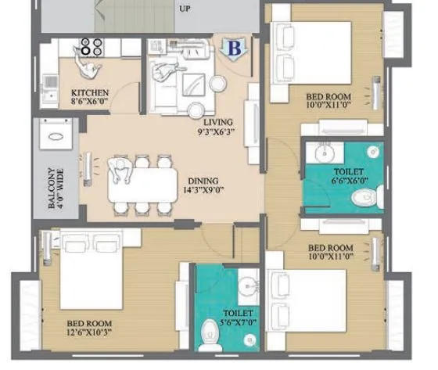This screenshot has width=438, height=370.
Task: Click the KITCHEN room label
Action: point(90,92)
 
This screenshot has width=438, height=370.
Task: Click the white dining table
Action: point(141,185)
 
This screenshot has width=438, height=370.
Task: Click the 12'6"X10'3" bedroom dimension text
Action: point(90,332)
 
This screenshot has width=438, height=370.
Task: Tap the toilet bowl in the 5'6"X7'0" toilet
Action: point(209,332)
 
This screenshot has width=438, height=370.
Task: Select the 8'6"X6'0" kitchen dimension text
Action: point(89,101)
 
